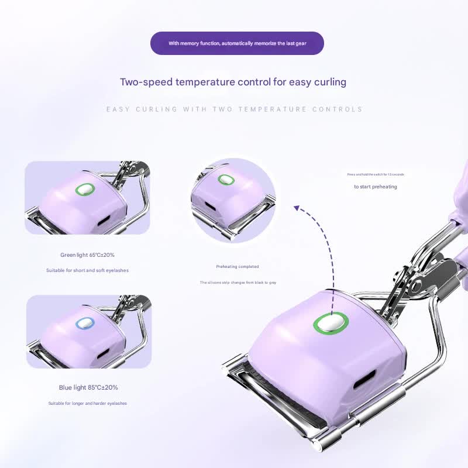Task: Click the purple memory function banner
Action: click(x=237, y=43)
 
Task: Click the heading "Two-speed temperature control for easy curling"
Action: click(x=233, y=82)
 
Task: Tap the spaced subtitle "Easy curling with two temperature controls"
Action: click(x=234, y=109)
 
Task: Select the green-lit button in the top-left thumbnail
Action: click(x=85, y=190)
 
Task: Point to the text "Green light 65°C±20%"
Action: click(x=87, y=255)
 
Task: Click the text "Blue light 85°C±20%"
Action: click(x=88, y=387)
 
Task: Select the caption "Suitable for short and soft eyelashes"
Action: click(x=87, y=270)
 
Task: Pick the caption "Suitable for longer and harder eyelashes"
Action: click(x=87, y=404)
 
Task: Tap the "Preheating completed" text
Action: click(x=237, y=267)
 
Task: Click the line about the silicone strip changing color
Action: click(x=237, y=283)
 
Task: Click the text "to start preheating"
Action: click(x=375, y=187)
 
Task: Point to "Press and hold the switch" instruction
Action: click(x=375, y=174)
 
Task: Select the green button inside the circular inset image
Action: click(x=225, y=180)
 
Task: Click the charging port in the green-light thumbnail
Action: click(x=104, y=222)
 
